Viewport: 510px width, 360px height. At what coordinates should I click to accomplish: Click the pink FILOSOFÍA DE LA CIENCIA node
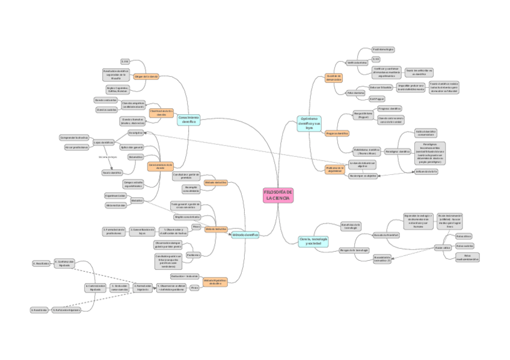[x=278, y=195]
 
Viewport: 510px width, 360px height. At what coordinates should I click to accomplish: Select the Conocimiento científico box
[x=188, y=120]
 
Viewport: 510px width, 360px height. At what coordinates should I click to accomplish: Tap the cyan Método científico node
[x=245, y=235]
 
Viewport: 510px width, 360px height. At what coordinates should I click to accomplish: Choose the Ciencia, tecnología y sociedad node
[x=313, y=241]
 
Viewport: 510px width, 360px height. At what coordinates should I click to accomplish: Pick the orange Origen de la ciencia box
[x=146, y=77]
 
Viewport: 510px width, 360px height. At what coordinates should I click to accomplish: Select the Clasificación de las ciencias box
[x=161, y=112]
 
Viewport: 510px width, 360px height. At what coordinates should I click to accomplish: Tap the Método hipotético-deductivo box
[x=215, y=281]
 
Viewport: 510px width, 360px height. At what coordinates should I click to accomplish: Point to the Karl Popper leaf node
[x=376, y=99]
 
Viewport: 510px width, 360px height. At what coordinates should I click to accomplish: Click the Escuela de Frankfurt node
[x=386, y=234]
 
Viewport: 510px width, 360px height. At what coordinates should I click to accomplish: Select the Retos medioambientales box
[x=467, y=257]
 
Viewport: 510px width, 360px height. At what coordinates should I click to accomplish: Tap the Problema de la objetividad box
[x=334, y=170]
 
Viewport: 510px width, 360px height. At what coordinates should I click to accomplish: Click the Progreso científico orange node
[x=337, y=133]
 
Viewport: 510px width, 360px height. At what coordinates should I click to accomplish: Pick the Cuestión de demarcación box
[x=334, y=78]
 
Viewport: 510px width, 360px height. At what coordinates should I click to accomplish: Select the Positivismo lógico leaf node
[x=383, y=49]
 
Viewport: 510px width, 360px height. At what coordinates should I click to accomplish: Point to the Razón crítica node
[x=443, y=247]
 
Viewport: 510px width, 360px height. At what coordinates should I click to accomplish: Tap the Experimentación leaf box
[x=115, y=195]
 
